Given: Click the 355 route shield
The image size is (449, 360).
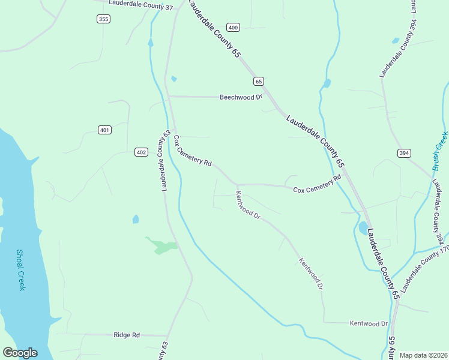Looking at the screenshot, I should [103, 19].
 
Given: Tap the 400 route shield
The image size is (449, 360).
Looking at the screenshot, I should [233, 27].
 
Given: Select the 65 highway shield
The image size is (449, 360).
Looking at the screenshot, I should [259, 81].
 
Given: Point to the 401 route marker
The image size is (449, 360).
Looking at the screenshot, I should [104, 130].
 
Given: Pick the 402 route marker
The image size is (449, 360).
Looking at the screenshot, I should [141, 152].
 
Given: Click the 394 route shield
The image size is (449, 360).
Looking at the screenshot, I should [404, 153].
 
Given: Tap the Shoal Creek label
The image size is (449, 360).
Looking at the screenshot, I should [21, 270].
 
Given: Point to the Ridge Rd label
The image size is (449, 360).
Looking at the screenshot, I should [127, 334].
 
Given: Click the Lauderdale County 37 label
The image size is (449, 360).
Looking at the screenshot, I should [140, 8].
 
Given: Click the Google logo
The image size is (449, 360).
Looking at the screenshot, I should [20, 353].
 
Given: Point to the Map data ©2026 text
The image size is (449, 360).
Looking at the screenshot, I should [424, 355].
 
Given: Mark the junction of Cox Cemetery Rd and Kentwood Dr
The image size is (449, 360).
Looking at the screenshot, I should [237, 185].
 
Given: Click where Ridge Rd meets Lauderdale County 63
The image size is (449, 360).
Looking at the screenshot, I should [168, 335].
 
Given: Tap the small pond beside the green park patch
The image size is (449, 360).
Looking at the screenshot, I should [136, 219].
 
